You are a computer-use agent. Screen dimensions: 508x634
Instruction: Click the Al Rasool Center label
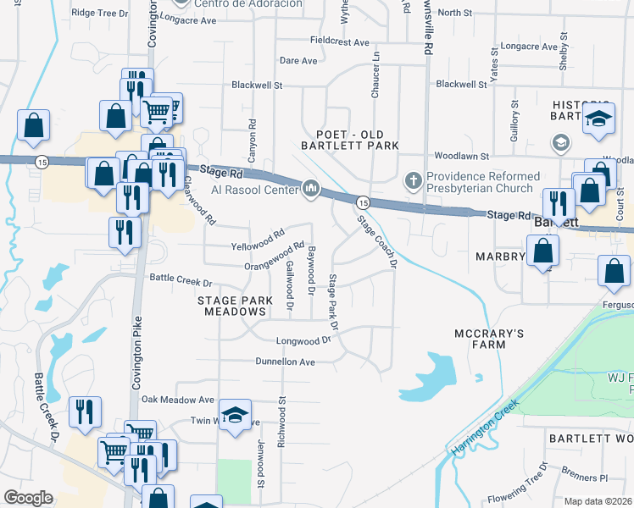pyautogui.click(x=254, y=189)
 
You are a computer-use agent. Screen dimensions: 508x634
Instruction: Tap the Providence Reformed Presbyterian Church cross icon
pyautogui.click(x=413, y=179)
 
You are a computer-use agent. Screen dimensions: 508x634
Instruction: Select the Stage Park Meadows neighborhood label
pyautogui.click(x=236, y=306)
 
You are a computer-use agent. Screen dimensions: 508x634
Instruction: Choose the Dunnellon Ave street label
pyautogui.click(x=286, y=362)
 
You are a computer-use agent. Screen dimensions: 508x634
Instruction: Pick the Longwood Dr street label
pyautogui.click(x=303, y=340)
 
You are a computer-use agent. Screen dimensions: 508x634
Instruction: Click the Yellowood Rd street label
pyautogui.click(x=258, y=241)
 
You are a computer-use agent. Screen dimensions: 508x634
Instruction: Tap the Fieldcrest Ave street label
pyautogui.click(x=340, y=41)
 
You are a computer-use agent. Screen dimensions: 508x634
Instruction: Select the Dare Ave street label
pyautogui.click(x=298, y=61)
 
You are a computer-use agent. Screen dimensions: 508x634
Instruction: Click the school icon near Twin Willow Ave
pyautogui.click(x=235, y=415)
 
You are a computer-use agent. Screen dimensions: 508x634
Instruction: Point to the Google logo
pyautogui.click(x=28, y=497)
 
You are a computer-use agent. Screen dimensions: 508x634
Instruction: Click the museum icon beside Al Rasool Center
pyautogui.click(x=310, y=188)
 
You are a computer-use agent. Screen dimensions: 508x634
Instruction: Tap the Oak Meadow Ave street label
pyautogui.click(x=178, y=400)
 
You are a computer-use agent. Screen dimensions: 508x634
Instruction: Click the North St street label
pyautogui.click(x=455, y=13)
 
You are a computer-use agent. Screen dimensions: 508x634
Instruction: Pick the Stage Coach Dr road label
pyautogui.click(x=377, y=241)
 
